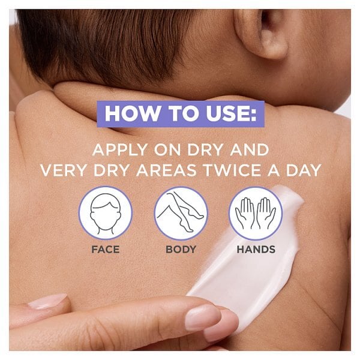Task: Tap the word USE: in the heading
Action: pos(231,113)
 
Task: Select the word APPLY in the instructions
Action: pos(120,149)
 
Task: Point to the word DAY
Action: pos(303,170)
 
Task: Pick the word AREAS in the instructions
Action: pos(166,170)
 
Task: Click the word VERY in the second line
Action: pos(64,170)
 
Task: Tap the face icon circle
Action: pos(106,213)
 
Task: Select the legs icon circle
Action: pos(181,213)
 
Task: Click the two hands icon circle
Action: pos(256,213)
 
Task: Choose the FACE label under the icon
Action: pos(106,250)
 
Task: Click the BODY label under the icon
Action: pos(181,250)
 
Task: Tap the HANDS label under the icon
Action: pos(256,250)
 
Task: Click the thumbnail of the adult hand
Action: pos(47,301)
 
